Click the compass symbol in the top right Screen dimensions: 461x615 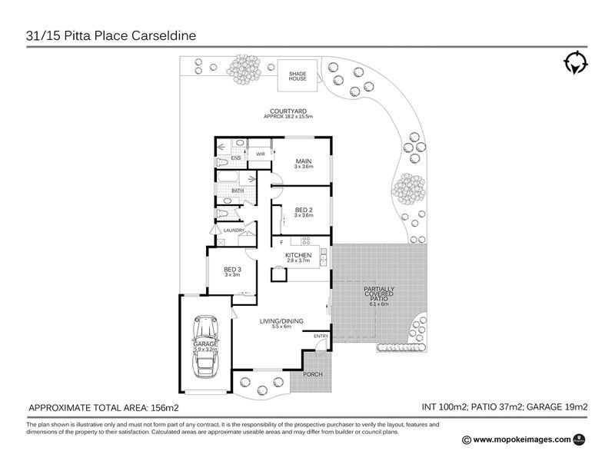574,65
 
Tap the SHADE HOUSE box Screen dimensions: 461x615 298,75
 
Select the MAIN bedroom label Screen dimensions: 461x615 303,163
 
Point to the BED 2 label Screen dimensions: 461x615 303,211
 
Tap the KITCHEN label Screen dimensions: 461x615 298,255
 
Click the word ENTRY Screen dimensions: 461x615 321,336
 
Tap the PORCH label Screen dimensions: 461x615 313,374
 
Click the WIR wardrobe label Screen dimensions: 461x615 250,154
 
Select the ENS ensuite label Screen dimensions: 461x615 236,158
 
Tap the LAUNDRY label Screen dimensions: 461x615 234,230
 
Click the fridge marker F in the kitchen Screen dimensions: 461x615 281,243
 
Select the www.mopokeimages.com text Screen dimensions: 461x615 521,439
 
